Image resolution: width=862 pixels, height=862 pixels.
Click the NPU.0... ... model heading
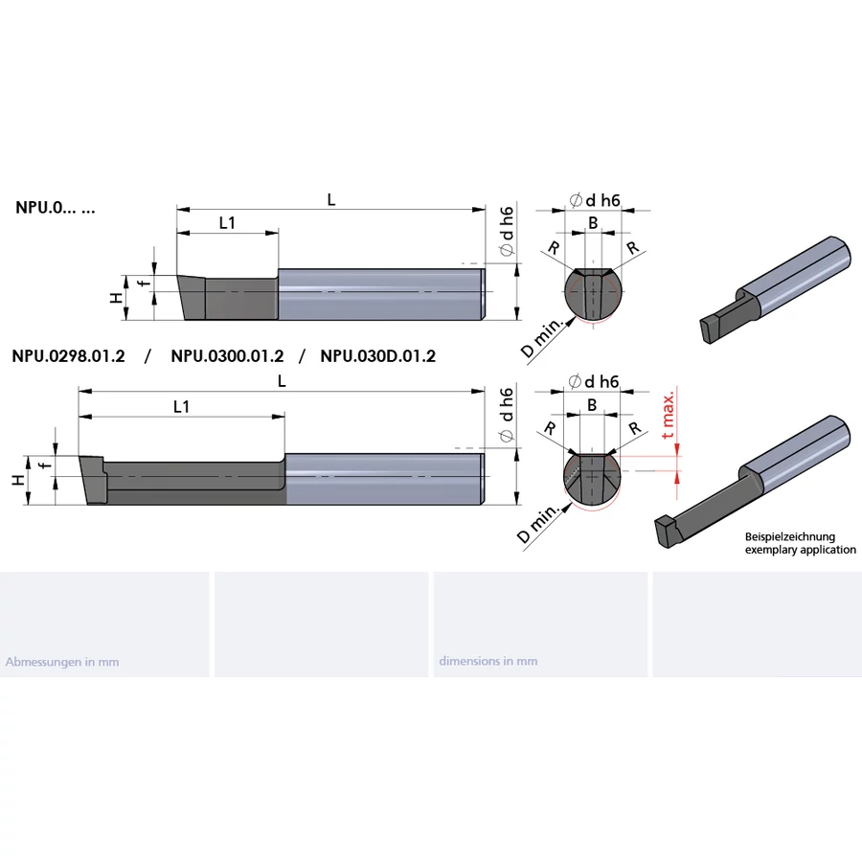pyautogui.click(x=56, y=207)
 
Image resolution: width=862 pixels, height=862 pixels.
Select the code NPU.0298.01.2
pyautogui.click(x=69, y=356)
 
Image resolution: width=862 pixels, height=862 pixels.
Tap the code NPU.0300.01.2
pyautogui.click(x=227, y=356)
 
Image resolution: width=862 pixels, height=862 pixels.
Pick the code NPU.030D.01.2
pyautogui.click(x=377, y=356)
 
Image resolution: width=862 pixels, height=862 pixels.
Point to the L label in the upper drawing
pyautogui.click(x=330, y=199)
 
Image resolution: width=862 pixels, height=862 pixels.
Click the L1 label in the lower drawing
pyautogui.click(x=181, y=406)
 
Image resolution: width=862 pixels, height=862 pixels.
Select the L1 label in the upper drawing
pyautogui.click(x=227, y=222)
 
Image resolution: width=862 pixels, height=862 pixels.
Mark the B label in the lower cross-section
pyautogui.click(x=592, y=405)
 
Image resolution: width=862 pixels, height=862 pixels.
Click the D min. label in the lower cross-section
pyautogui.click(x=539, y=524)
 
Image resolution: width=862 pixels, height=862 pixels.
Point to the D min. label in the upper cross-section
pyautogui.click(x=542, y=338)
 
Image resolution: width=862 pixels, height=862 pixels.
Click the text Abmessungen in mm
pyautogui.click(x=62, y=662)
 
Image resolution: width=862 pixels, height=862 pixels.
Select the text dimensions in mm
pyautogui.click(x=488, y=661)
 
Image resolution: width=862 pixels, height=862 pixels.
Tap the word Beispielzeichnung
pyautogui.click(x=790, y=537)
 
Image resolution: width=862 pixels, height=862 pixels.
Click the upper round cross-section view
pyautogui.click(x=594, y=293)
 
